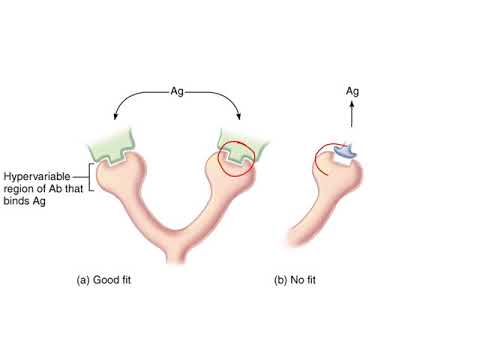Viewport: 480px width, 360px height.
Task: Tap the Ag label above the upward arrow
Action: click(352, 92)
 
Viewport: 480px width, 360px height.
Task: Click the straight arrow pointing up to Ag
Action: click(352, 115)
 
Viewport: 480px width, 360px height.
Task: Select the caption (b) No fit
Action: click(303, 280)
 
